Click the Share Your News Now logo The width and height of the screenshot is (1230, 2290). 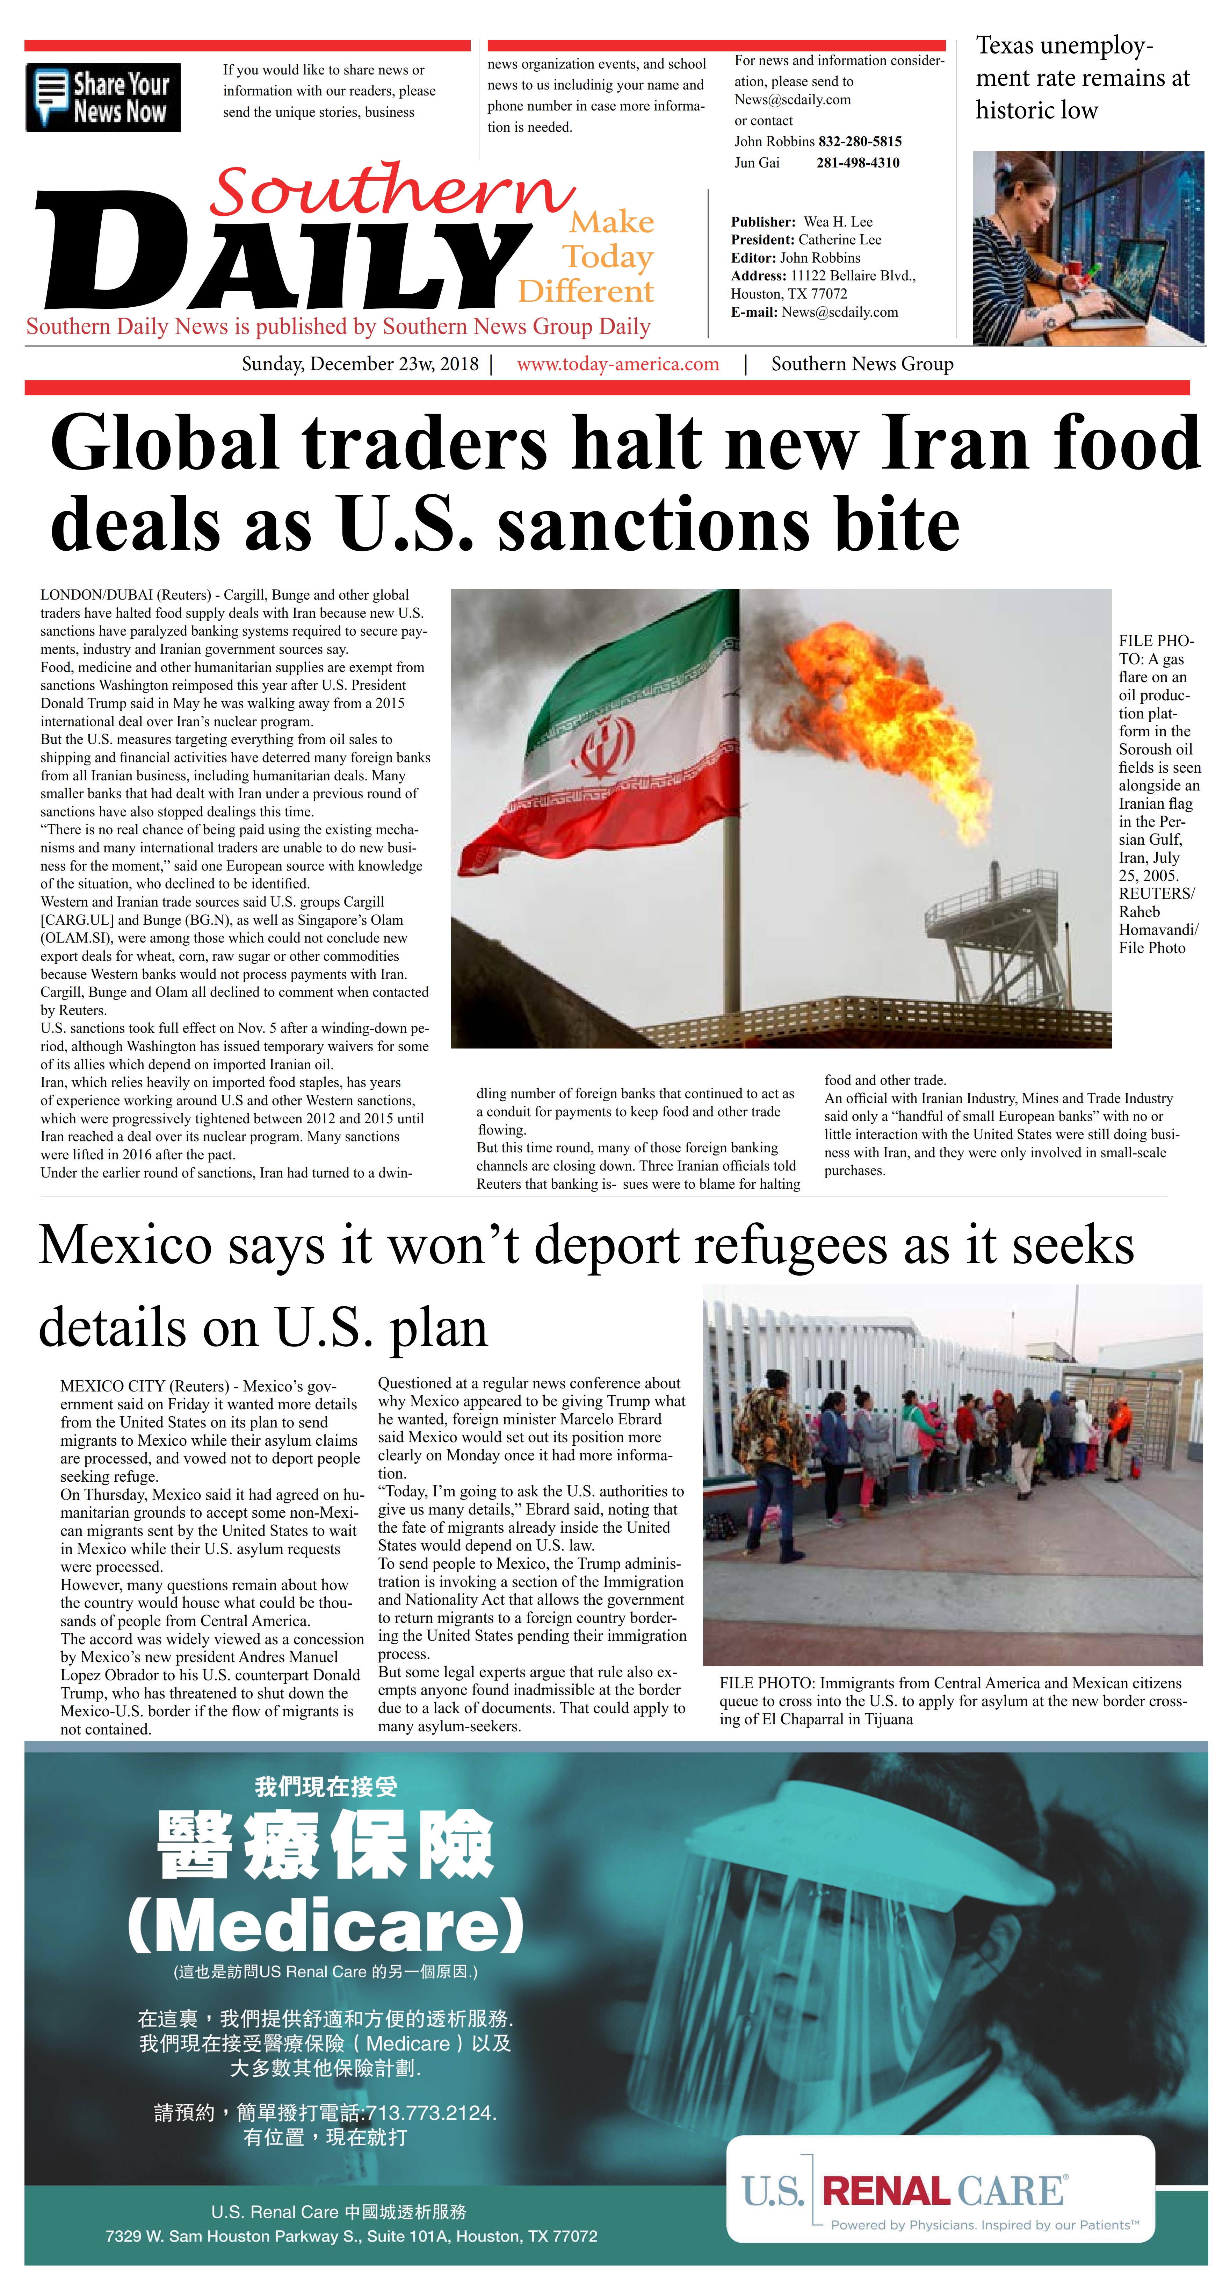tap(103, 98)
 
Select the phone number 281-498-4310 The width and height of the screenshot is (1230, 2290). tap(858, 163)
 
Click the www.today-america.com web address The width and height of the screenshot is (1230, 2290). tap(618, 365)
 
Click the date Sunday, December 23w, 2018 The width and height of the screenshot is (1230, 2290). tap(360, 365)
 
